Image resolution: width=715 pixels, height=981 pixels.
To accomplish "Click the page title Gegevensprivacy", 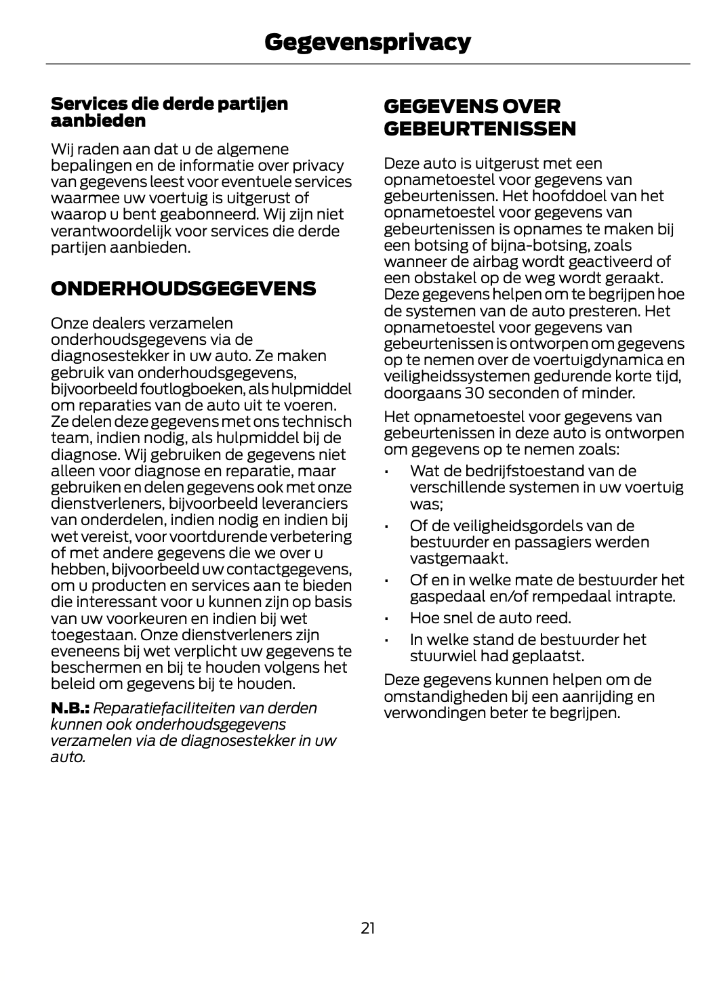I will pyautogui.click(x=367, y=42).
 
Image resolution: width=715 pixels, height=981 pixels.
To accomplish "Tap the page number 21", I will pyautogui.click(x=367, y=927).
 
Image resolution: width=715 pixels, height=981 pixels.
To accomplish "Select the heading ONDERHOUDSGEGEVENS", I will pyautogui.click(x=183, y=289).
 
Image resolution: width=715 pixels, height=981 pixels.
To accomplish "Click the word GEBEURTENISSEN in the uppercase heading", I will pyautogui.click(x=479, y=128).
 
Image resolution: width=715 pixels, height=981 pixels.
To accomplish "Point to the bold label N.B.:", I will pyautogui.click(x=70, y=708).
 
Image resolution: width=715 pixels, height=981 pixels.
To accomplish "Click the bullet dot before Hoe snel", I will pyautogui.click(x=385, y=619).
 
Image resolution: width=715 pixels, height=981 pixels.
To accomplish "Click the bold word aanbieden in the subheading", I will pyautogui.click(x=98, y=121).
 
